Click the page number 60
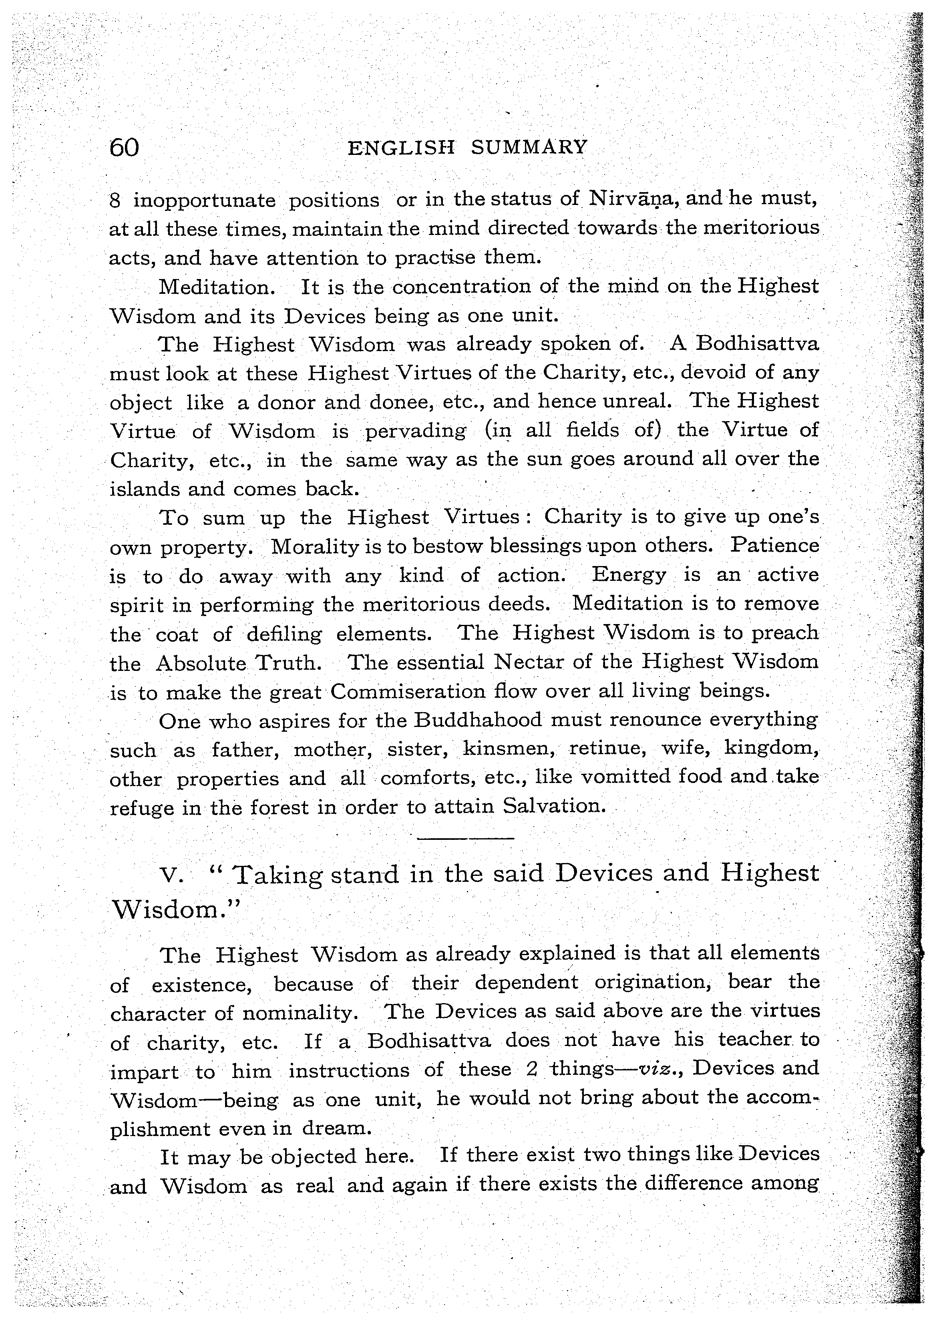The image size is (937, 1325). pos(124,149)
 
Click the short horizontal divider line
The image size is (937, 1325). pos(465,838)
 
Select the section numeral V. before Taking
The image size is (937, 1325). pos(173,876)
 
